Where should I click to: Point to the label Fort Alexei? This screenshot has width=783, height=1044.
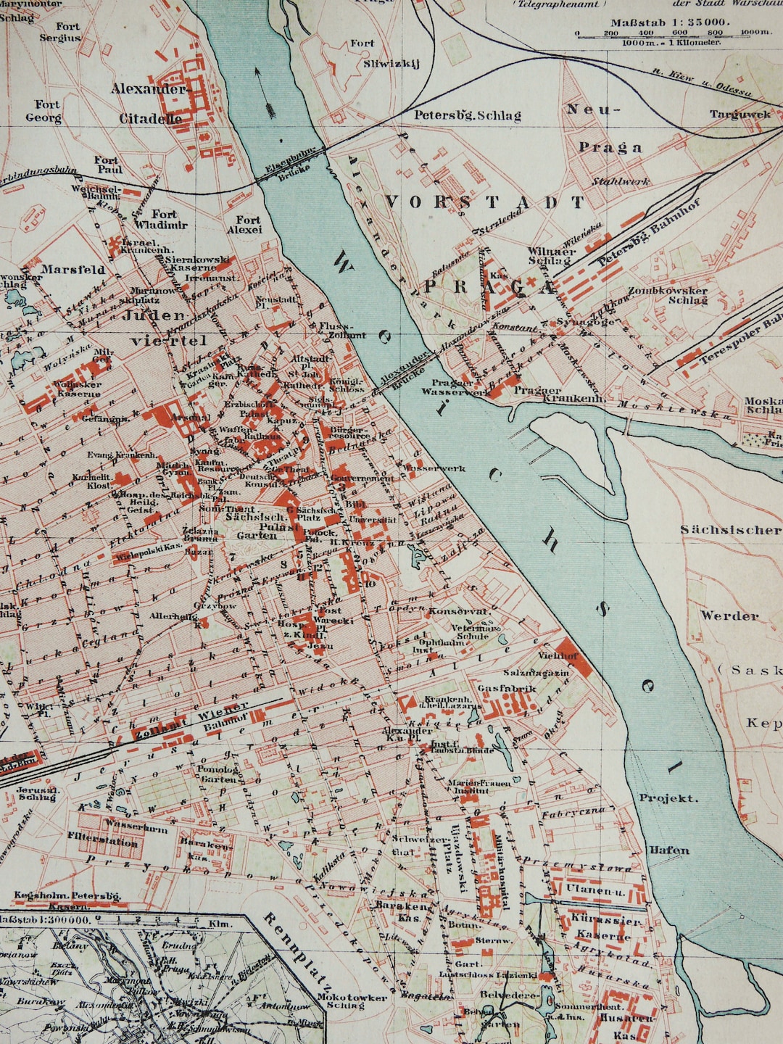point(247,224)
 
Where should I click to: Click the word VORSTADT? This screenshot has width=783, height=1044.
point(484,202)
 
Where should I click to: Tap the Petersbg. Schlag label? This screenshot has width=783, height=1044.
point(467,115)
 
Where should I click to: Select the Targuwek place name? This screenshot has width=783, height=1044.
point(739,114)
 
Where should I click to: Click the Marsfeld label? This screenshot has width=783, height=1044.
point(72,269)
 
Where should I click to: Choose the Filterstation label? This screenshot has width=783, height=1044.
point(102,842)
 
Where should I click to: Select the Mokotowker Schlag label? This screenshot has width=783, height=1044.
point(352,1001)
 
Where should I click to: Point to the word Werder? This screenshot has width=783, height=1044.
point(729,616)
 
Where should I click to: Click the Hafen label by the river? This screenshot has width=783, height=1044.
point(668,850)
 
